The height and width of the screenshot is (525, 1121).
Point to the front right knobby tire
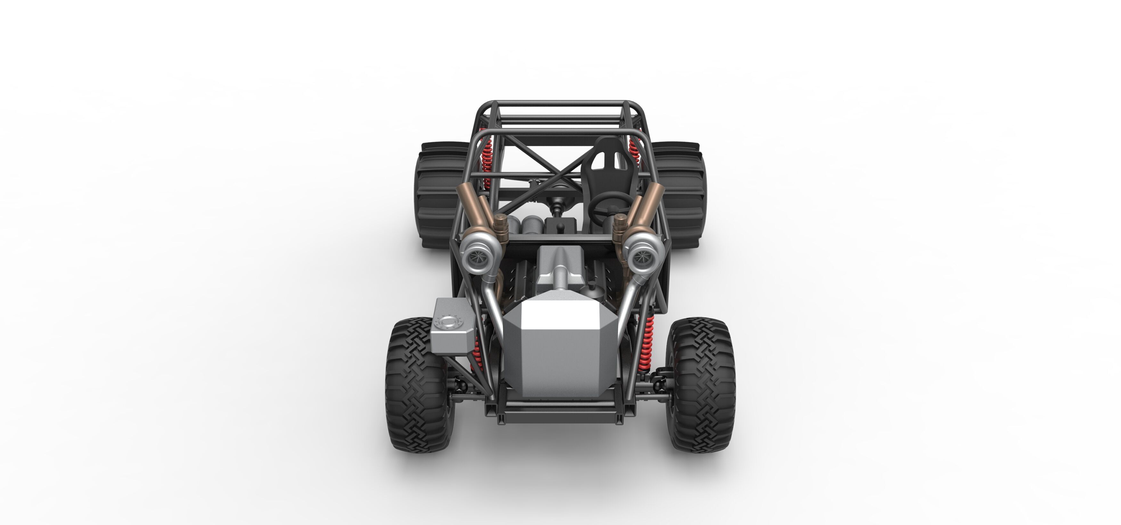pyautogui.click(x=702, y=385)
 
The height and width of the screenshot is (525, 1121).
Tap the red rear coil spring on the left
pyautogui.click(x=487, y=161)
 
